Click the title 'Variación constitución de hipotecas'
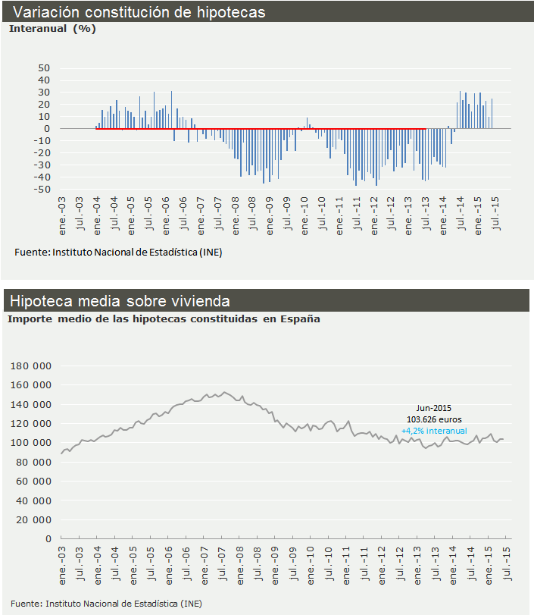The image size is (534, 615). pos(139,12)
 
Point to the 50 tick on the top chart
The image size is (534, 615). pos(44,68)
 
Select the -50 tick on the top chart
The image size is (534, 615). pos(41,190)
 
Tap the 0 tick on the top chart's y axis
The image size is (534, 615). pos(46,129)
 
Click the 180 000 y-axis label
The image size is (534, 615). pos(30,366)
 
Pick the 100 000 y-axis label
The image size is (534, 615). pos(30,443)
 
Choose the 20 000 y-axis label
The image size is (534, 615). pos(32,519)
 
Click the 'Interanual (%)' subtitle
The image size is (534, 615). pos(52,29)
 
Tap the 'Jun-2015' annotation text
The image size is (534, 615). pos(434,407)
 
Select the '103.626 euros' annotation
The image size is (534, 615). pos(434,419)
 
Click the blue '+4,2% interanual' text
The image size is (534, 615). pos(434,431)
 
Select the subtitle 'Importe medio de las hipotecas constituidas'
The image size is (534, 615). pos(133,319)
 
